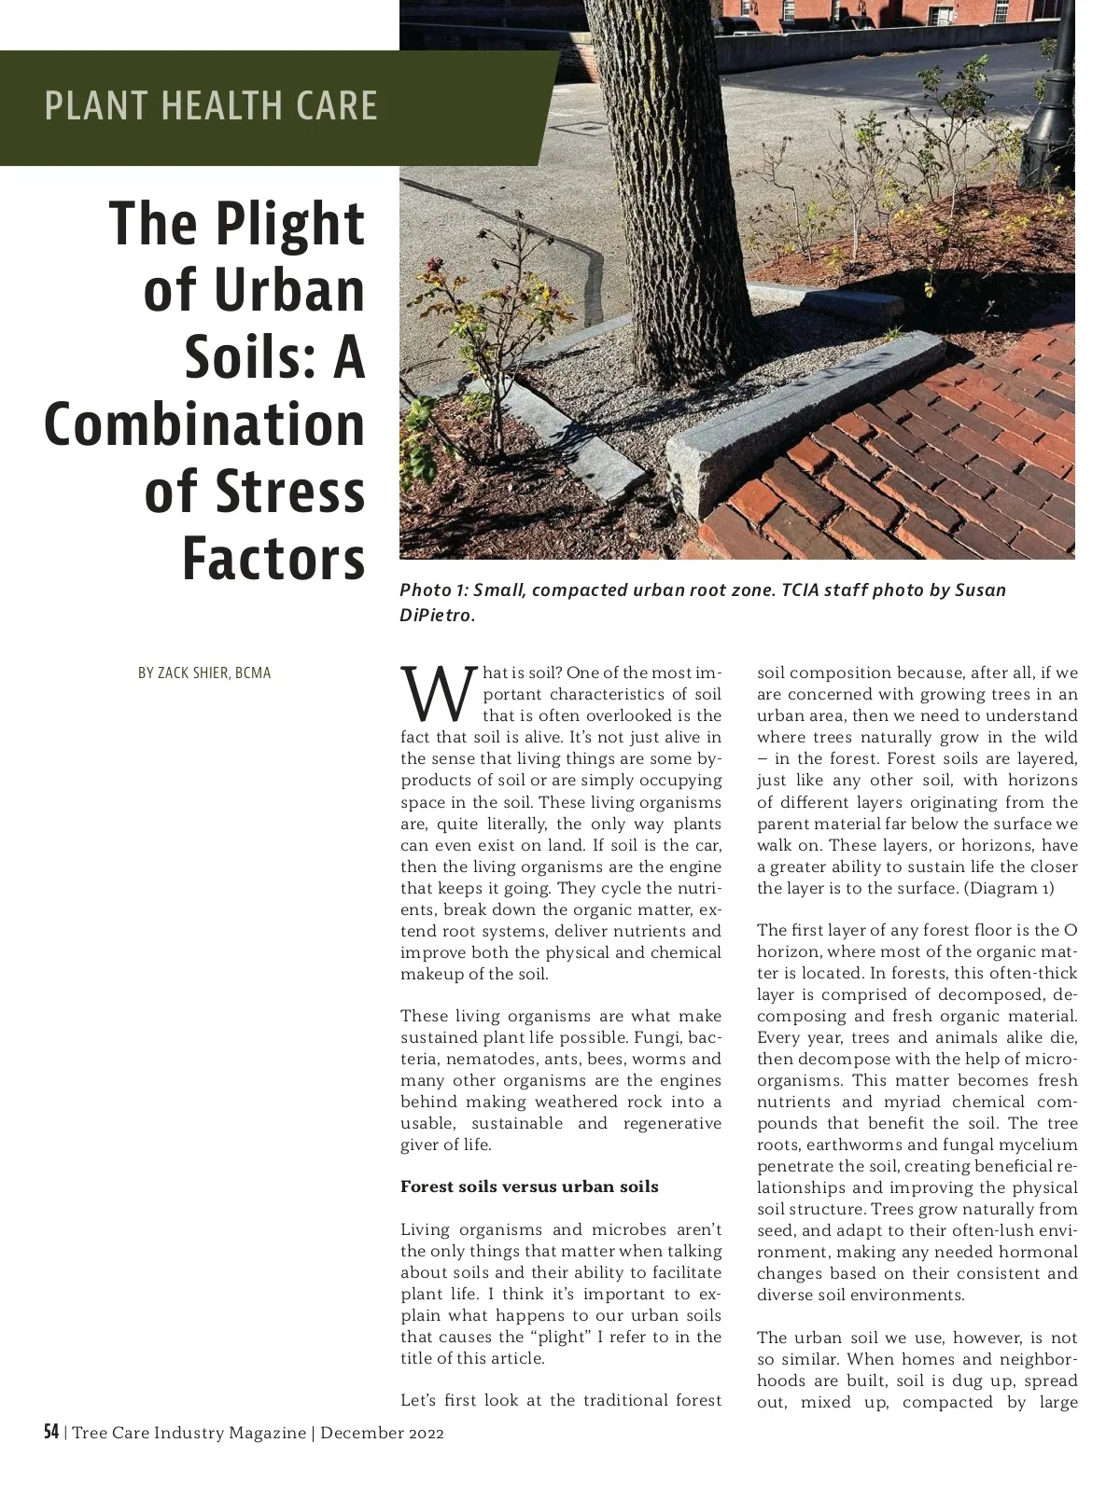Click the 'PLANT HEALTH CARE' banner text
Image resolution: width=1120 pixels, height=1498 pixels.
pyautogui.click(x=211, y=105)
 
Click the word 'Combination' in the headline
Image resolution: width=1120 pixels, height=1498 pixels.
pyautogui.click(x=204, y=424)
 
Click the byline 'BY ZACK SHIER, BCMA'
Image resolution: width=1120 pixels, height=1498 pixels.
pyautogui.click(x=204, y=673)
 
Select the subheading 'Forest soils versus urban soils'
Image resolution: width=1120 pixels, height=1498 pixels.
pyautogui.click(x=529, y=1186)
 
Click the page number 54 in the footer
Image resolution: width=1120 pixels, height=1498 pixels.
pyautogui.click(x=51, y=1432)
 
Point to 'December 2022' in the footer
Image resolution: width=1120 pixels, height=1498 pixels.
pyautogui.click(x=382, y=1433)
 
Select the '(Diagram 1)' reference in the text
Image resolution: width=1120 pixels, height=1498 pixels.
pyautogui.click(x=1010, y=888)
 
